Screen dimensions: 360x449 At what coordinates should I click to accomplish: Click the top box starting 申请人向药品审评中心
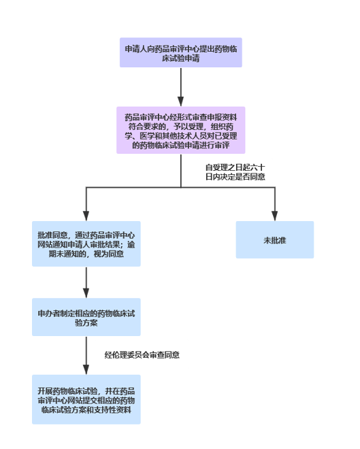181,52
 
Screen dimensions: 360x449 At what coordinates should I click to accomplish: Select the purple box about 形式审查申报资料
181,131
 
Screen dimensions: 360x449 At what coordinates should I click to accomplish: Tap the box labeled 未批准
275,239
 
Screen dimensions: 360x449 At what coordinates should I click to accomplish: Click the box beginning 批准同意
86,244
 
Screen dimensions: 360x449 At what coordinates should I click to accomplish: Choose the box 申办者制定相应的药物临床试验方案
86,317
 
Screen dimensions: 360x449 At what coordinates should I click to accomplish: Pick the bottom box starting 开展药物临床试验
86,399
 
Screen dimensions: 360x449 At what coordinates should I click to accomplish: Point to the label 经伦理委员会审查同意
142,355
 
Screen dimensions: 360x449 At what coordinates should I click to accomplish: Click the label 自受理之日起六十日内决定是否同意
235,172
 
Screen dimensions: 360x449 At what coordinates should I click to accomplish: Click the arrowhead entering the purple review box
181,101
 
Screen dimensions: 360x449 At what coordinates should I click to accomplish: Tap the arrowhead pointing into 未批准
275,216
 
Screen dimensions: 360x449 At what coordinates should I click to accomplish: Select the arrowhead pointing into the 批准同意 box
86,216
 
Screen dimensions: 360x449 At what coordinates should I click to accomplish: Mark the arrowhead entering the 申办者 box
86,293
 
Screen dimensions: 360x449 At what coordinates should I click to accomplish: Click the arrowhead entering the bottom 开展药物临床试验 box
86,369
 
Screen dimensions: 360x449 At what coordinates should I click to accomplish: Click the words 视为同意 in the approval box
109,254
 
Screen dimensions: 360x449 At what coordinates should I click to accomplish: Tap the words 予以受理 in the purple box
189,127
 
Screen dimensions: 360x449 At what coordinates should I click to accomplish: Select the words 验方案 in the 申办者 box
86,322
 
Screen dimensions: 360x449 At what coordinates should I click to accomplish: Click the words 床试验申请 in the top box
181,59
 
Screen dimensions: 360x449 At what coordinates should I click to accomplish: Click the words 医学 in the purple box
148,136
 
